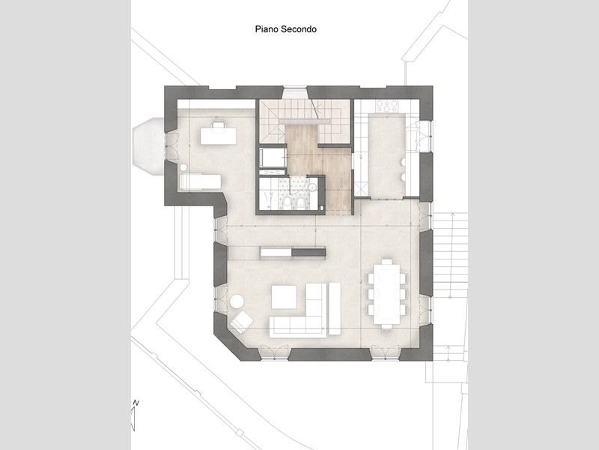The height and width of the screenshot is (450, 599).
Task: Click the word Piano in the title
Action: click(267, 29)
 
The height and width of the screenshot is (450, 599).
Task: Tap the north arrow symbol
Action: click(134, 415)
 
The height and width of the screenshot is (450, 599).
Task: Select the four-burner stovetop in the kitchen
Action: click(387, 106)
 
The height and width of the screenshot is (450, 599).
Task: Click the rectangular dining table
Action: click(386, 293)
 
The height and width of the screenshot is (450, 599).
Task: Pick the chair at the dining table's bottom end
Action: click(386, 326)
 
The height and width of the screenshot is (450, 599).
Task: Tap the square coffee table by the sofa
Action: click(284, 296)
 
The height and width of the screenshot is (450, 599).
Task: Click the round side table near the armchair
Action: click(237, 301)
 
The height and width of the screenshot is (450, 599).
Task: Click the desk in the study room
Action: click(218, 135)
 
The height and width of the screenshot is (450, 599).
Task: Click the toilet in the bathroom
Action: click(288, 203)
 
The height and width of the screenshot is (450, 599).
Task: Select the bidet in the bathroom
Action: click(301, 203)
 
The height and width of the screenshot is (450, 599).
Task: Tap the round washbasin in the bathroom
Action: click(312, 187)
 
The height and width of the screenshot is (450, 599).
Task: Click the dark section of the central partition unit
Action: click(308, 253)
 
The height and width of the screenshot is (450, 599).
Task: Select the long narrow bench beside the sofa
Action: click(334, 308)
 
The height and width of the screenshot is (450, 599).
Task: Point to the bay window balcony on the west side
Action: click(149, 146)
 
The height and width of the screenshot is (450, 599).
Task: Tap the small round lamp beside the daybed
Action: click(183, 167)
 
